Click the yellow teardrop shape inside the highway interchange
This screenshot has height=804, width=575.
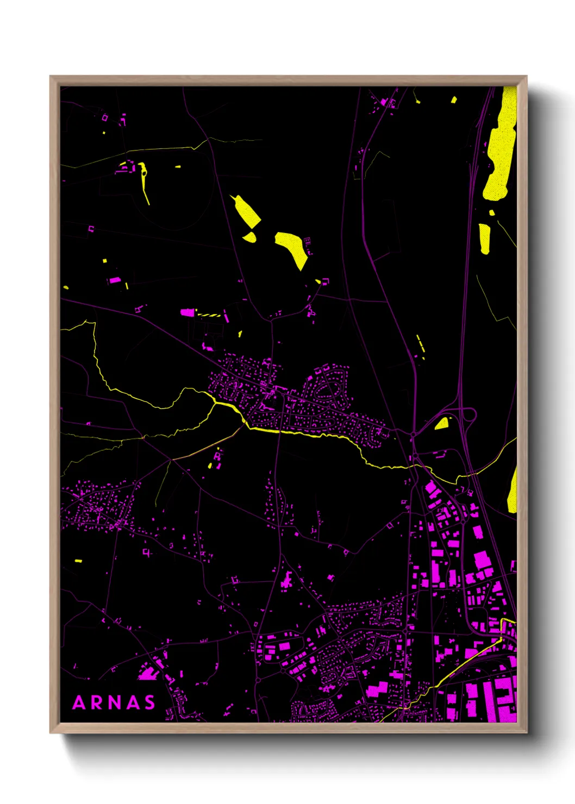pos(442,423)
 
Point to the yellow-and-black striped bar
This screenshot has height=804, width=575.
pos(209,315)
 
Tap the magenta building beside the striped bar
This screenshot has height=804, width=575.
pos(187,312)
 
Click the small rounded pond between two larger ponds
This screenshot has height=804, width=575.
pos(250,237)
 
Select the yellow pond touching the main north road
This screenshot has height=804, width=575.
pos(247,212)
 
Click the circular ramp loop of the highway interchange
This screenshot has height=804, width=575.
pos(468,416)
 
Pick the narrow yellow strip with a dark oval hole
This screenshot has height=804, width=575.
pos(144,179)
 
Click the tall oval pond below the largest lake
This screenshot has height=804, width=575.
pos(484,238)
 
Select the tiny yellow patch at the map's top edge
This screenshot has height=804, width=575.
pos(453,100)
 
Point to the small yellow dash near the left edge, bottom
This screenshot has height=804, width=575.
pos(78,560)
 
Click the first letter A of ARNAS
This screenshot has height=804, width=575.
pos(79,702)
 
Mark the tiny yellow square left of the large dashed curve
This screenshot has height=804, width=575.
pos(105,261)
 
